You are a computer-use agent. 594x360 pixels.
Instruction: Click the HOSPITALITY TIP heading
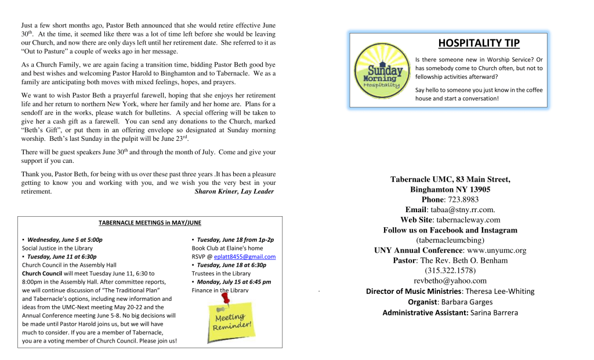[x=479, y=43]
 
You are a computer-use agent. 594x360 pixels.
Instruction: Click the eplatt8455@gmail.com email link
[x=245, y=257]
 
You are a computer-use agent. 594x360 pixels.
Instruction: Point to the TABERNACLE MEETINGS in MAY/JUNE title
[x=150, y=222]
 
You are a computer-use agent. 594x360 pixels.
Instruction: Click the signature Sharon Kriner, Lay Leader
[x=234, y=191]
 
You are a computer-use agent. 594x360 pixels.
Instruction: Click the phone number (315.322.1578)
[x=450, y=271]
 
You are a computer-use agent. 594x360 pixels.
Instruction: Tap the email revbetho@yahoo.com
[x=450, y=281]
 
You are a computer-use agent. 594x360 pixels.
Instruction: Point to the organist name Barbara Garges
[x=466, y=302]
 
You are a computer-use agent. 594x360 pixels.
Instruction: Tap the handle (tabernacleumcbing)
[x=450, y=240]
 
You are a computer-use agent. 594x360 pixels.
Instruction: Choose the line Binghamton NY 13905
[x=450, y=190]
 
